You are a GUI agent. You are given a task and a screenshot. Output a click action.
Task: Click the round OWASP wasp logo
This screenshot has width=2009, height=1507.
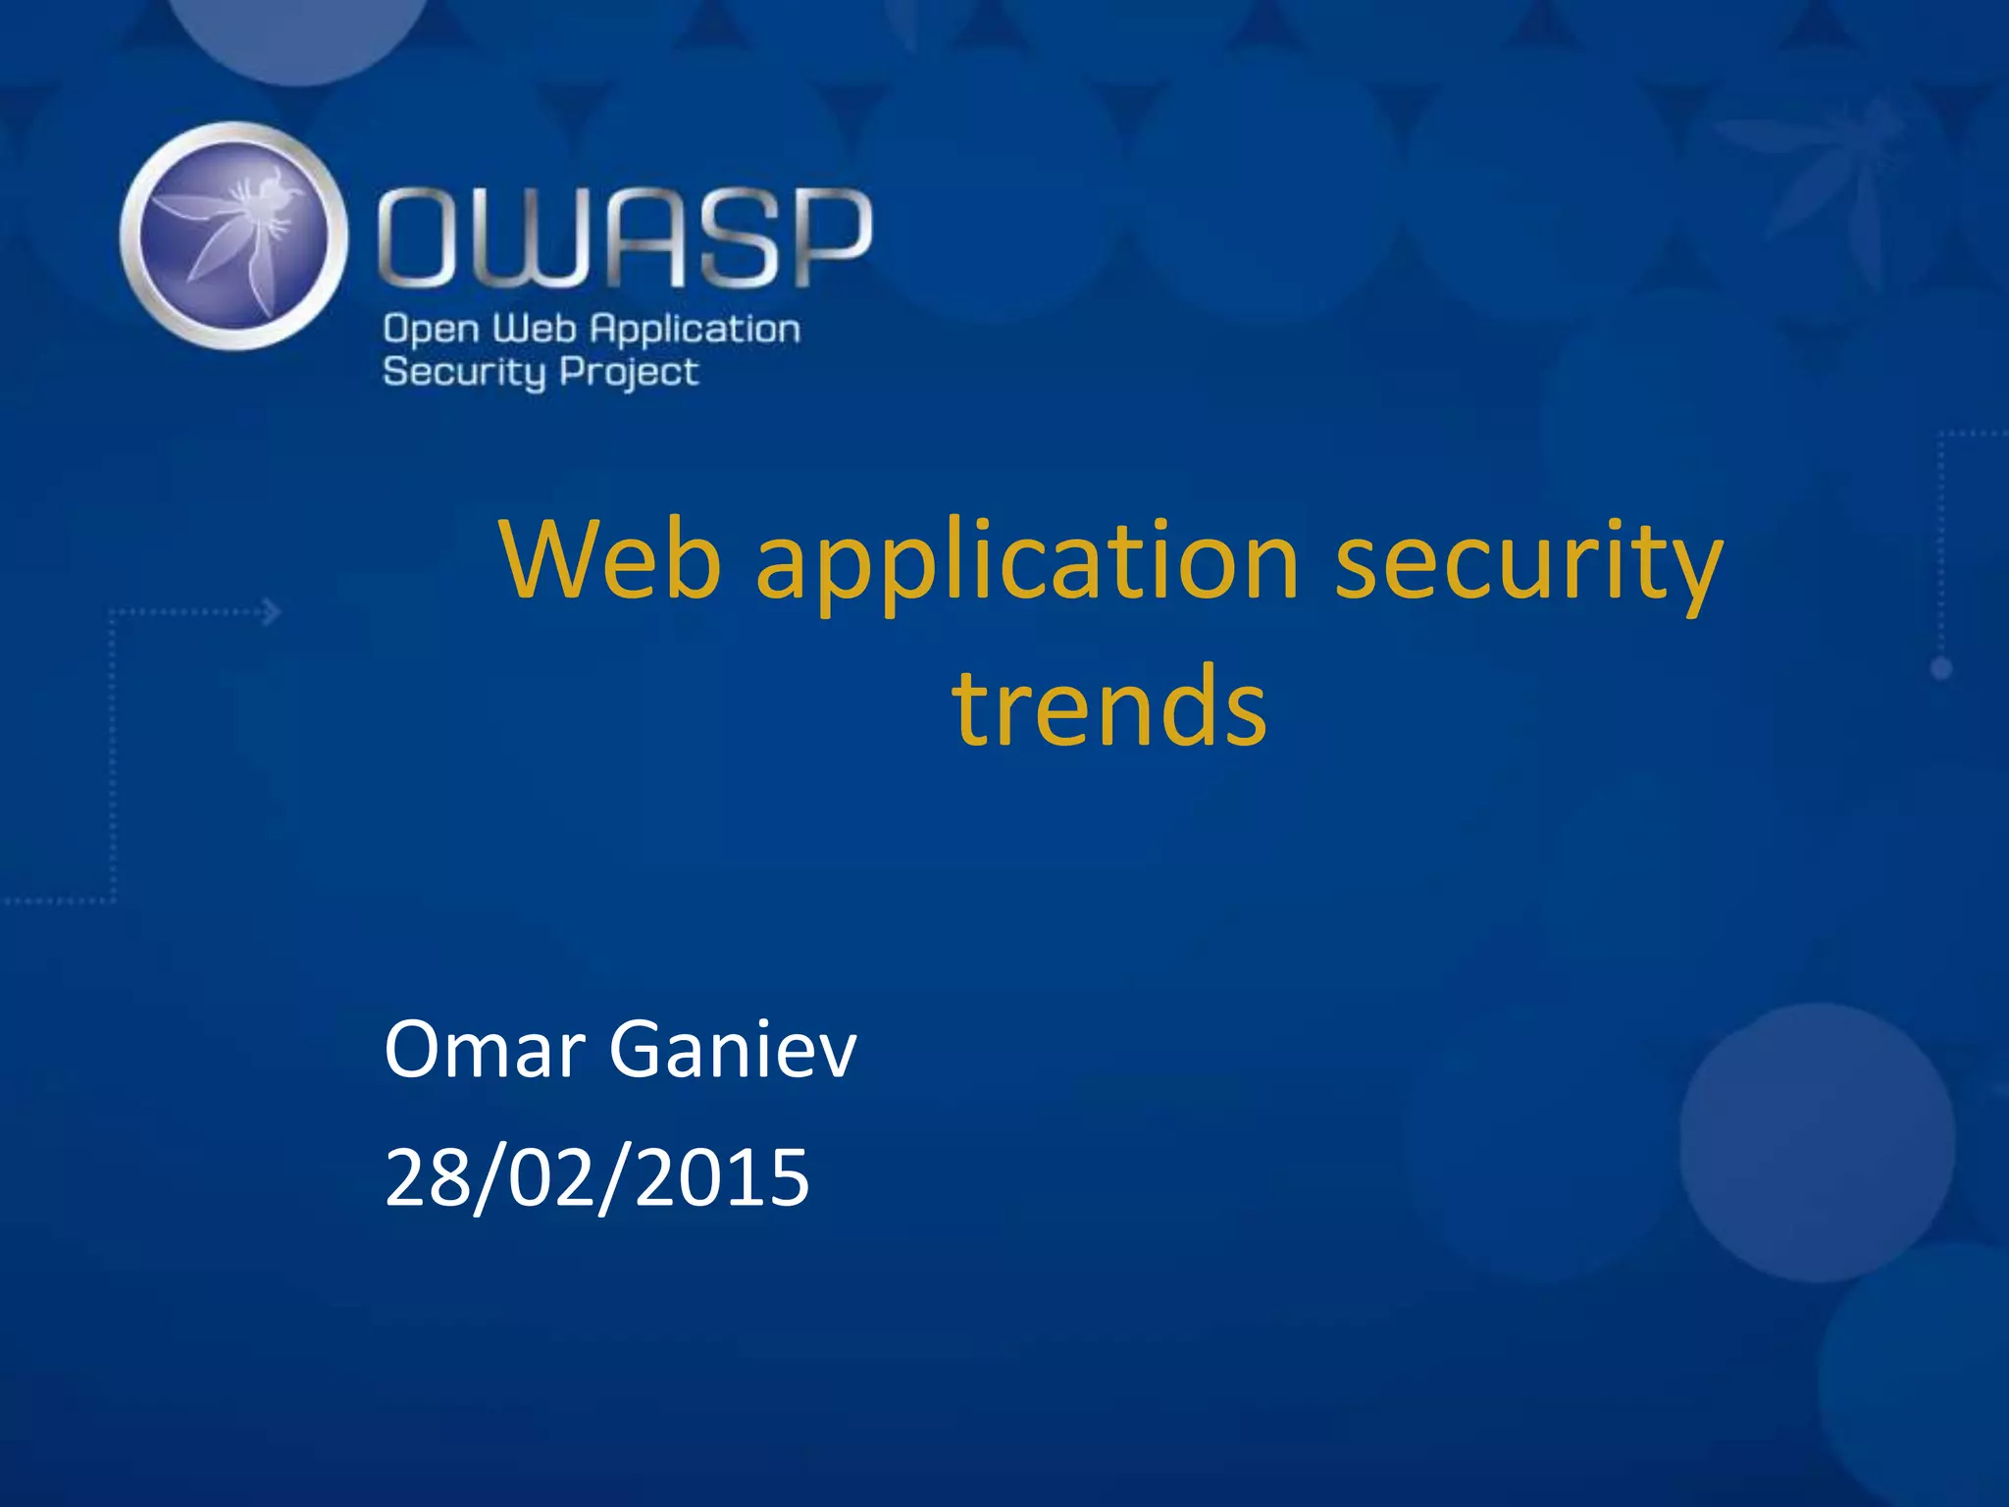tap(233, 235)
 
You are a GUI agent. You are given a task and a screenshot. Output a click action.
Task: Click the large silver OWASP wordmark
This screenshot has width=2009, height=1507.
tap(625, 238)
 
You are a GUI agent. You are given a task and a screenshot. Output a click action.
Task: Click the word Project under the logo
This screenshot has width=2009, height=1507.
tap(629, 373)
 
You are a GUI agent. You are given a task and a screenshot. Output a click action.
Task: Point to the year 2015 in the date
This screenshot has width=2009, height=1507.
tap(722, 1177)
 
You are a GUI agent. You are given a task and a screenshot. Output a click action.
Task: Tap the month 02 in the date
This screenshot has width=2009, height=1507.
tap(552, 1177)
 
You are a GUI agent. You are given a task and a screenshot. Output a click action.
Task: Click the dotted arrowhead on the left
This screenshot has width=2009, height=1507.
tap(272, 612)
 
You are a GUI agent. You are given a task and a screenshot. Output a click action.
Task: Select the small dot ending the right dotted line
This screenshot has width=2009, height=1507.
tap(1941, 669)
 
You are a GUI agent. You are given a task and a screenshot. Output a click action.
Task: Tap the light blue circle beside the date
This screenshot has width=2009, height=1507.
tap(1817, 1142)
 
